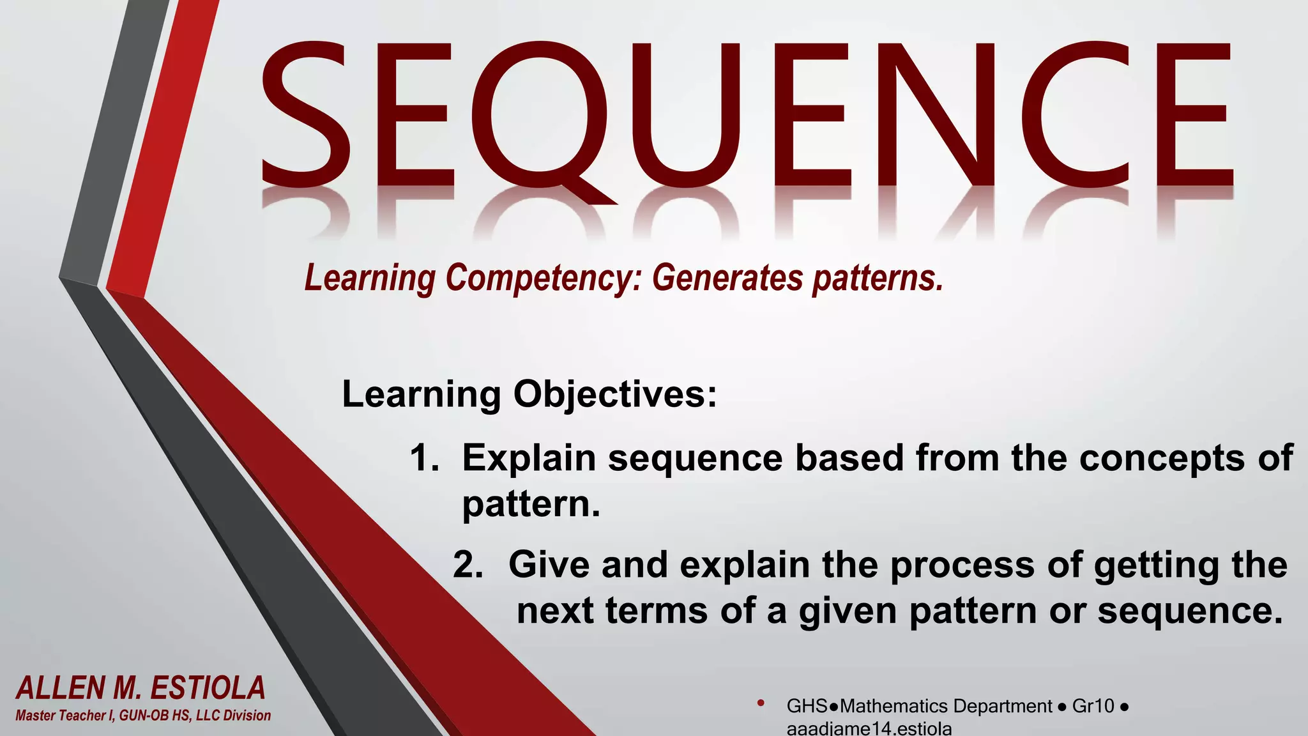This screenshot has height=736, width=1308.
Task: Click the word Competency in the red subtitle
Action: (x=544, y=279)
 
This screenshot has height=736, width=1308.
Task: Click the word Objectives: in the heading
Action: (x=615, y=395)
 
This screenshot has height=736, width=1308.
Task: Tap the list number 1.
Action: (x=423, y=458)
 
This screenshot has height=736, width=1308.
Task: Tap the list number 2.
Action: (x=468, y=565)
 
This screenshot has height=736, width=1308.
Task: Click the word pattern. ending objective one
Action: (x=531, y=505)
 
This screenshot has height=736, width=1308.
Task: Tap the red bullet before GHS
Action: (x=760, y=703)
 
